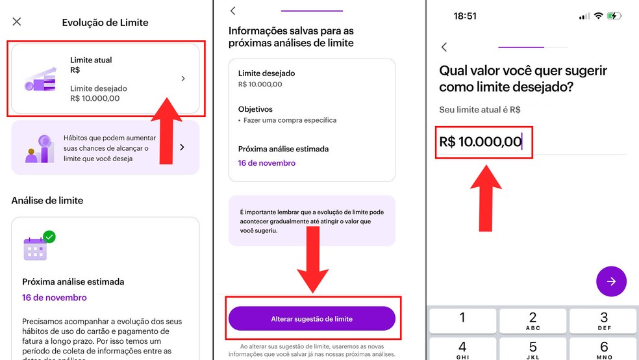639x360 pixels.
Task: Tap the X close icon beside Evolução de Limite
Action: pos(17,22)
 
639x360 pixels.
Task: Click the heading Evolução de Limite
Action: pos(105,22)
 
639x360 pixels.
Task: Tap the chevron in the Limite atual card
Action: pos(183,79)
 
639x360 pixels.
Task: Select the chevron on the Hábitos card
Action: pos(182,148)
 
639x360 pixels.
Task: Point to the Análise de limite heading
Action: pos(47,201)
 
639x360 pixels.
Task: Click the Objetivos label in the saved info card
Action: pos(255,109)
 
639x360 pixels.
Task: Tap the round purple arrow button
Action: pos(611,281)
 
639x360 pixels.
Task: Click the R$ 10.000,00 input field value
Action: pos(481,141)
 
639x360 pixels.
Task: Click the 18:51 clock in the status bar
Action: pos(465,16)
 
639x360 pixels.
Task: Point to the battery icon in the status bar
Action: pos(614,16)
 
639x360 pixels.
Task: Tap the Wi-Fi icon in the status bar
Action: pos(597,16)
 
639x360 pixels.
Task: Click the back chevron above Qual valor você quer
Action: pos(445,47)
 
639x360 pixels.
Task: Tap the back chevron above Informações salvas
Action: pos(233,11)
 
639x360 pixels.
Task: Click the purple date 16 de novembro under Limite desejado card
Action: pos(267,162)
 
